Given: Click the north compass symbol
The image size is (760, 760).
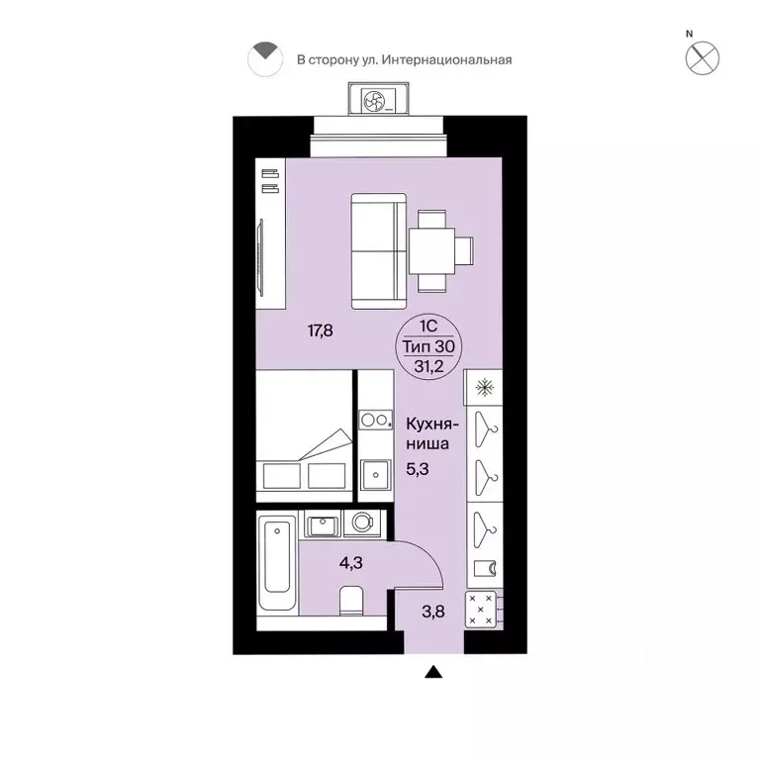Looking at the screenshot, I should (x=703, y=56).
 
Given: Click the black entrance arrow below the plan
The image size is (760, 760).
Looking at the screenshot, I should (x=433, y=674).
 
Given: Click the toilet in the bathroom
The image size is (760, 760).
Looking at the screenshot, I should (x=352, y=601).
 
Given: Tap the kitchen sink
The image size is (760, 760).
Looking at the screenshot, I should (x=376, y=476).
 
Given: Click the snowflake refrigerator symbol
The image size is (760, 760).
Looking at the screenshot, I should (x=485, y=387).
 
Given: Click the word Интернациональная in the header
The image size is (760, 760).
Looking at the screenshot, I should (x=454, y=59).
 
